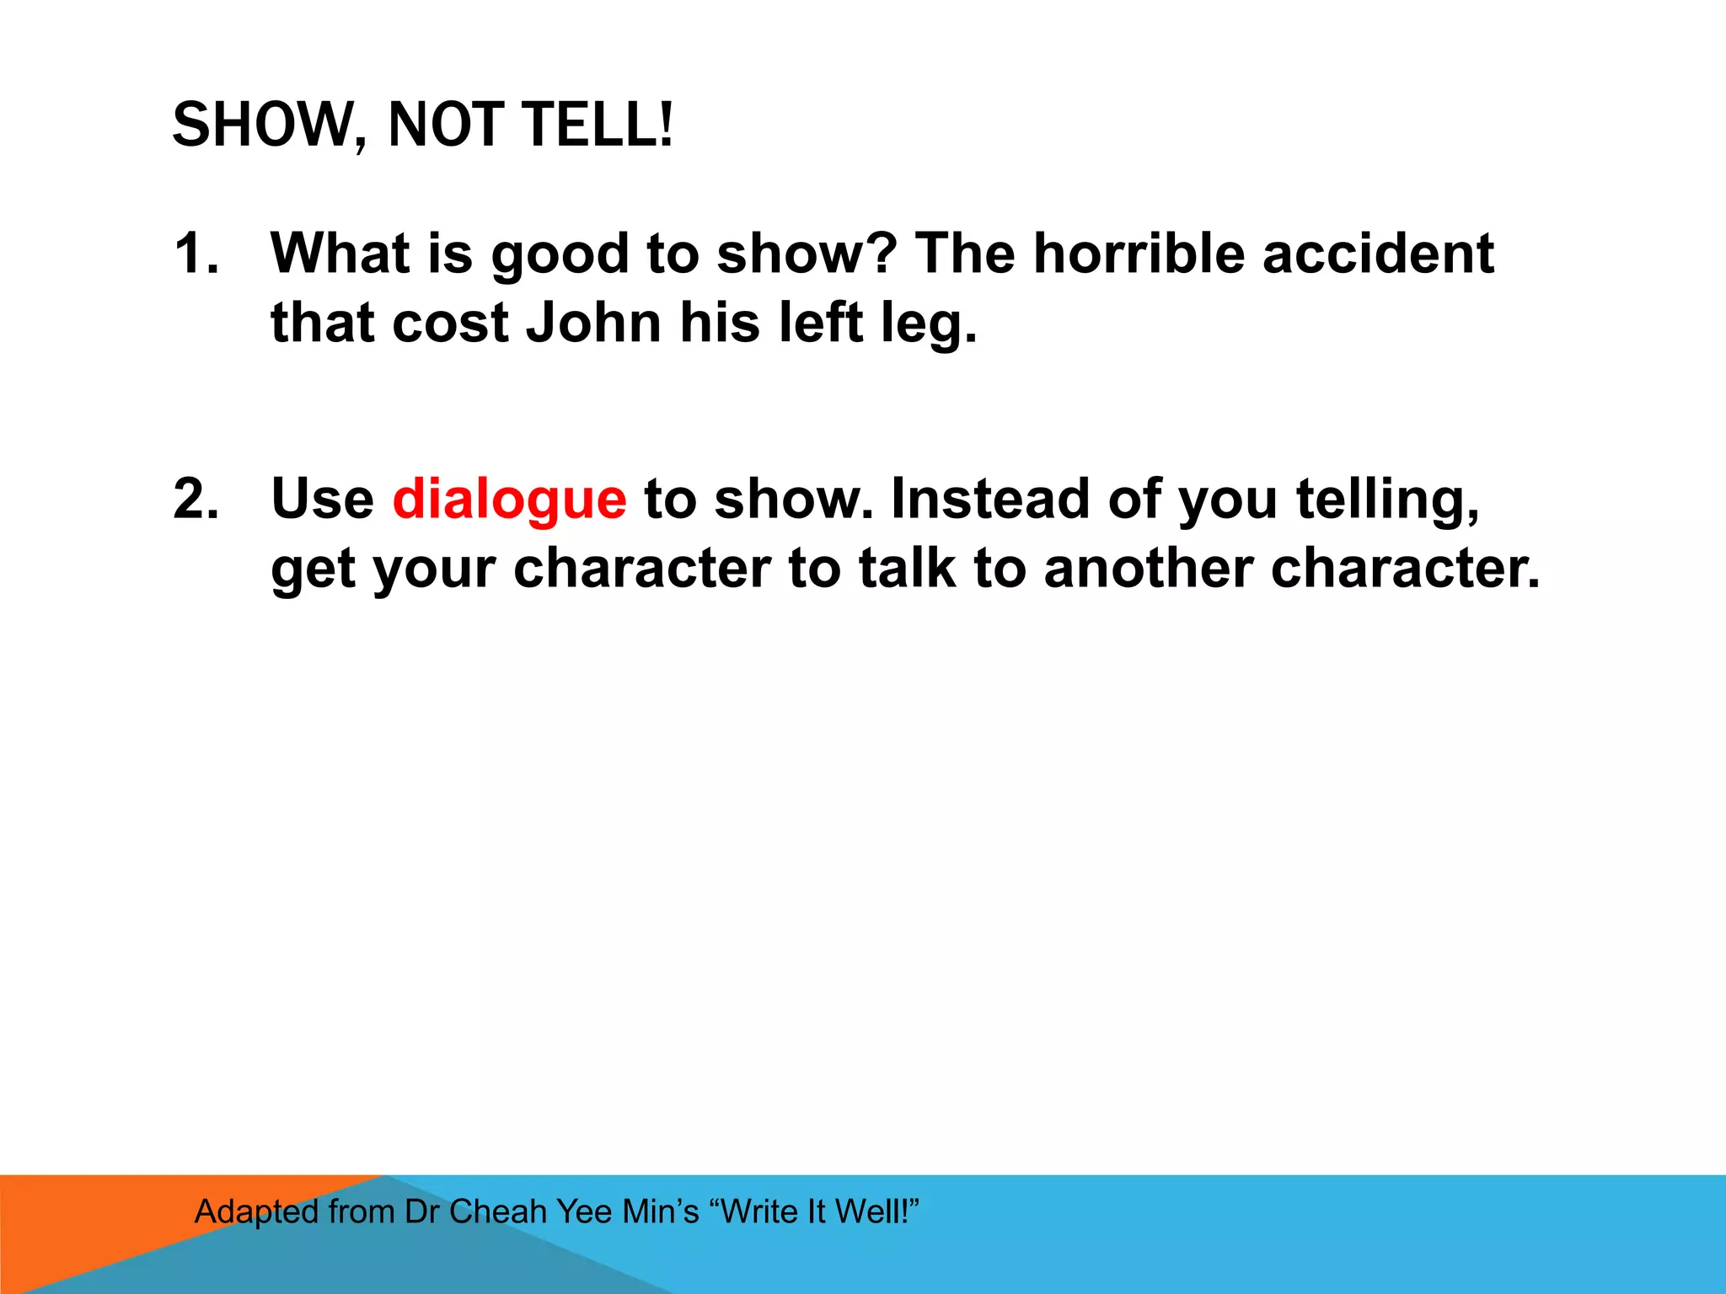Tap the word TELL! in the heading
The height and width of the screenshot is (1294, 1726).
point(598,125)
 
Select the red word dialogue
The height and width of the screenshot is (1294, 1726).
point(509,499)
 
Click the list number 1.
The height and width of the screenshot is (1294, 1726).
point(196,254)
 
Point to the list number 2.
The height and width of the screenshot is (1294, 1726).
point(196,499)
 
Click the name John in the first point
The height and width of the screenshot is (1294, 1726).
point(594,323)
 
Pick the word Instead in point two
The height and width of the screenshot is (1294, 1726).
point(990,499)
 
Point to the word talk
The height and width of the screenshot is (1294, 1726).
point(907,568)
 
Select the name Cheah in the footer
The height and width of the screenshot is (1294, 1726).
point(498,1211)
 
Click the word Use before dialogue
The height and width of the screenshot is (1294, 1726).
point(322,499)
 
